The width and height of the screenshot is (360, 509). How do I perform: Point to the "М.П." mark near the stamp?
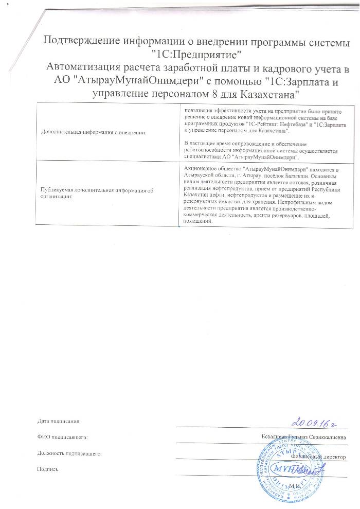coord(295,485)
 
